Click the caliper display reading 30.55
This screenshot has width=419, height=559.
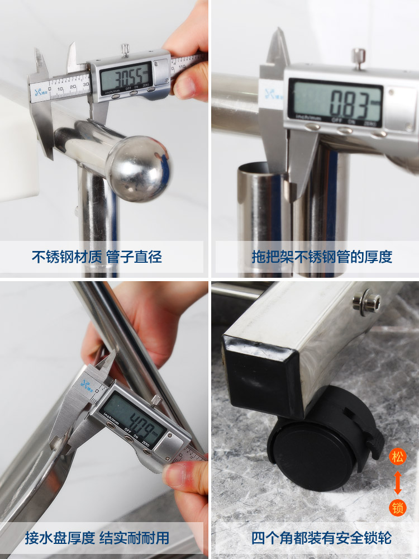point(126,75)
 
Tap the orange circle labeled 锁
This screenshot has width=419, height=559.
point(397,508)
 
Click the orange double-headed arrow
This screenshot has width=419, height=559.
point(397,482)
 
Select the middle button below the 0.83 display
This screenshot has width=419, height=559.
point(345,130)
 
